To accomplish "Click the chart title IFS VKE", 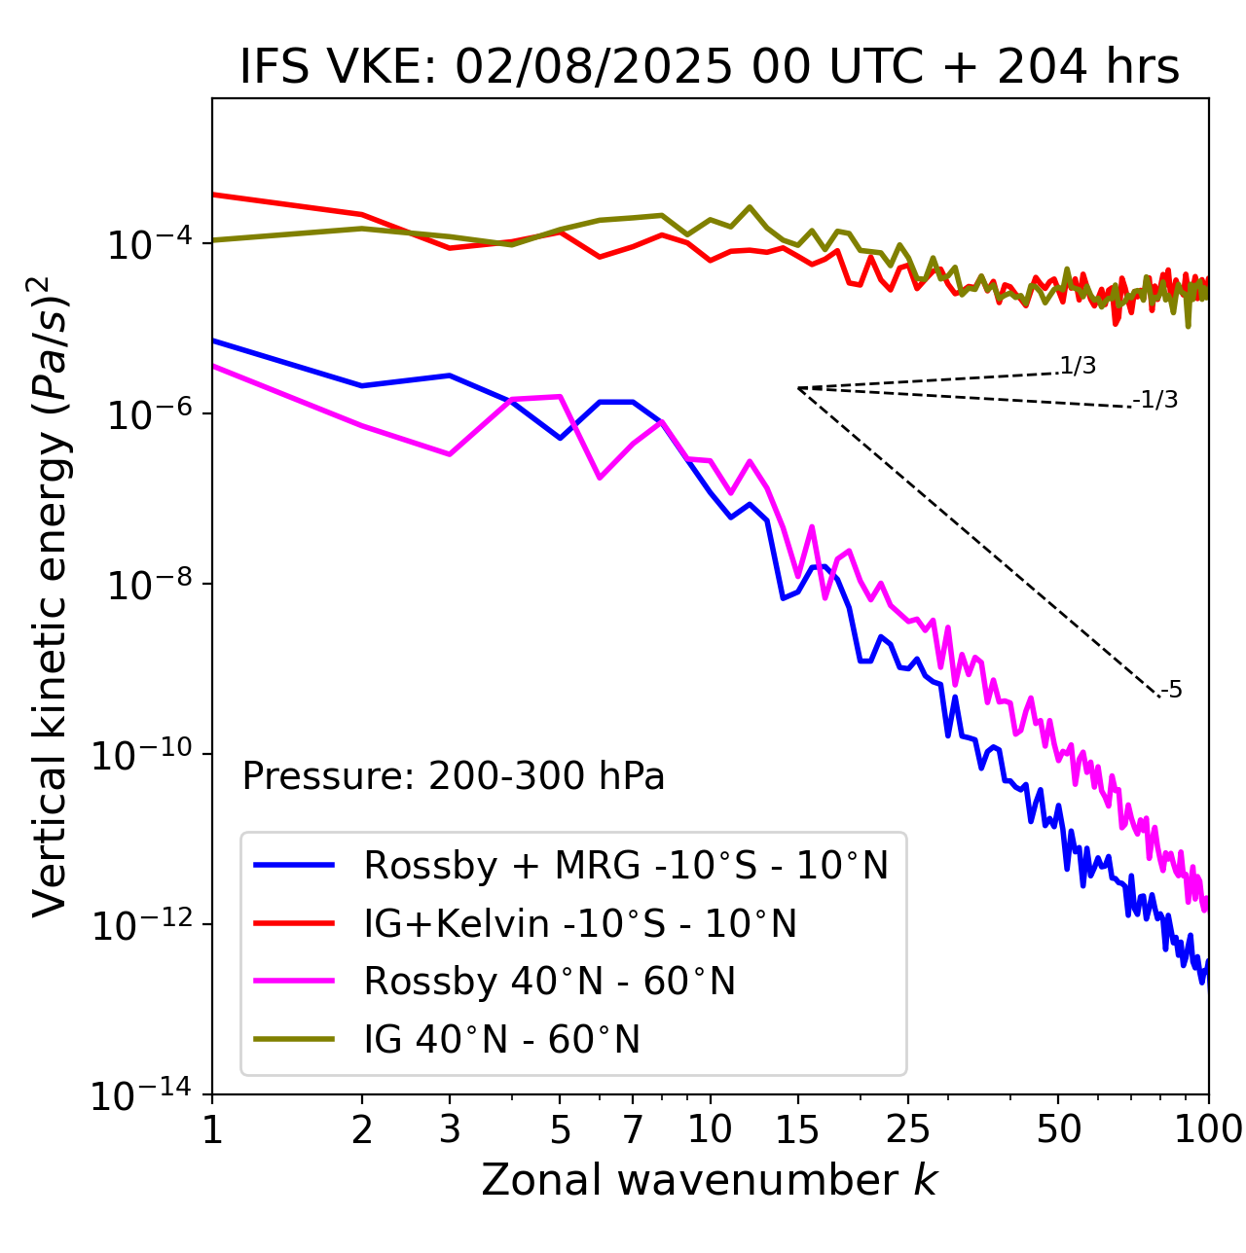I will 709,68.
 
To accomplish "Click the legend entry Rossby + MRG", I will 626,865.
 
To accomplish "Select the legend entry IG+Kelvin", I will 580,923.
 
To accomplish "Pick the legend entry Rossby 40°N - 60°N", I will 549,982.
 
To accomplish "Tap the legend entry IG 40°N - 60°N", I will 501,1040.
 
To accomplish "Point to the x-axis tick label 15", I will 797,1129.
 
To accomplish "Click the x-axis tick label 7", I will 633,1129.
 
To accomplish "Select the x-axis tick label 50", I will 1058,1129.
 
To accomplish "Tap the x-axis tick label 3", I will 449,1129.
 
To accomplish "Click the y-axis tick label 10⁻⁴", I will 147,244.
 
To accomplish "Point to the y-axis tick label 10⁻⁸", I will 147,585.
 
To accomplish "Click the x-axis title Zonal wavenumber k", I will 709,1180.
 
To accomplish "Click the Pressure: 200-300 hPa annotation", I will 453,776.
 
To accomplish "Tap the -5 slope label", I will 1172,691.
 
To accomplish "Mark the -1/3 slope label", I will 1156,400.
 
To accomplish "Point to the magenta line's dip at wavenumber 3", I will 449,454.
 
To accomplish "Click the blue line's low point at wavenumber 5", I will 560,438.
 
